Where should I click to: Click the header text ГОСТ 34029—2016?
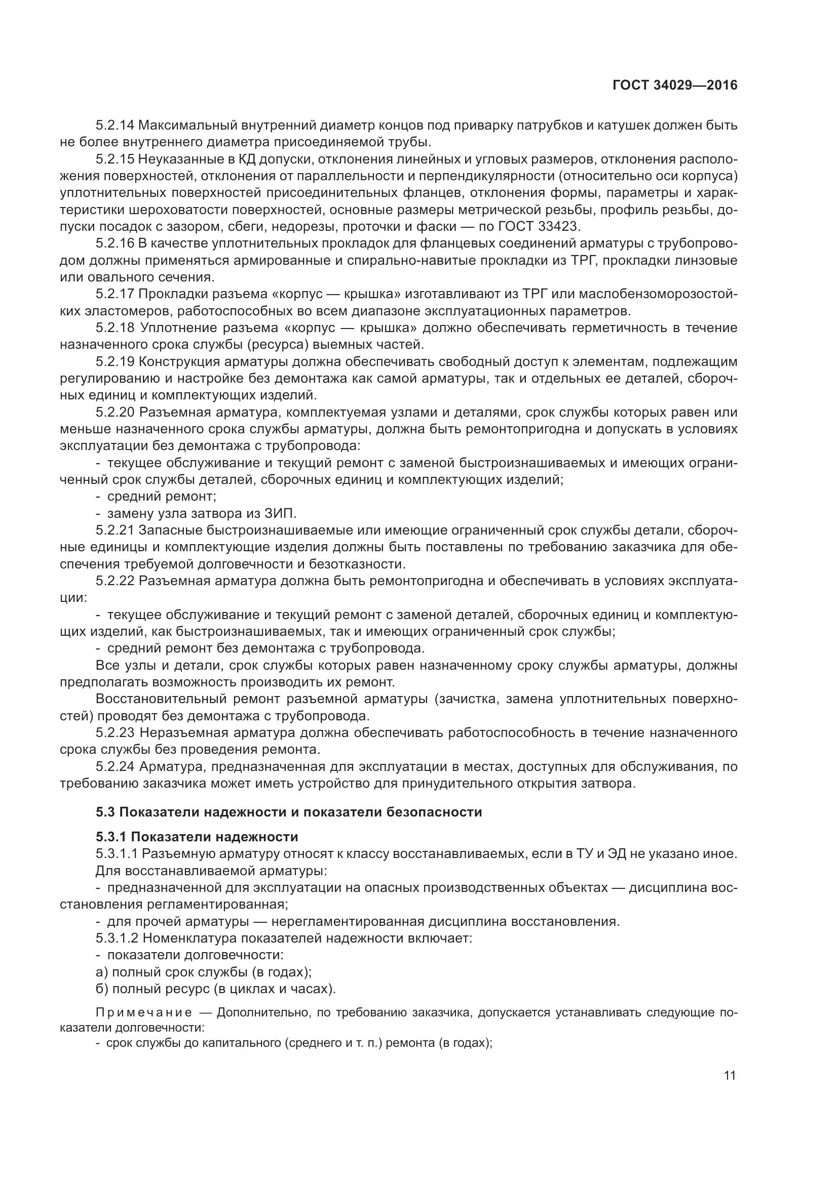click(675, 85)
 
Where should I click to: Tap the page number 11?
click(730, 1075)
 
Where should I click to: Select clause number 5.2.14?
click(115, 126)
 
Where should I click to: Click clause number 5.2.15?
click(115, 159)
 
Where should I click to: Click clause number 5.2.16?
click(115, 243)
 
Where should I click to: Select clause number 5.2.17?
click(115, 294)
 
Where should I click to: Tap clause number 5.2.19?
click(115, 361)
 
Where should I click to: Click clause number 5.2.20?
click(115, 412)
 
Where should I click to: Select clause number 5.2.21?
click(115, 530)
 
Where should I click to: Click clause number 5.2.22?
click(115, 581)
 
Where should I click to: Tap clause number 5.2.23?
click(115, 733)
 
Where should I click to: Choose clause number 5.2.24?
click(115, 767)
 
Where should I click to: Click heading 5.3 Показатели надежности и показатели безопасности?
click(288, 812)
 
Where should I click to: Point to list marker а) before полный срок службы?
click(101, 972)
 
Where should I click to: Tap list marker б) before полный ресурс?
click(101, 990)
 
